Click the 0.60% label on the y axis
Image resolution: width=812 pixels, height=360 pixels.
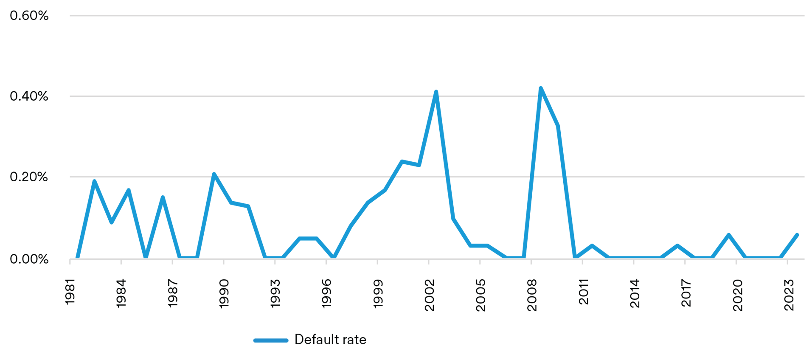(x=29, y=16)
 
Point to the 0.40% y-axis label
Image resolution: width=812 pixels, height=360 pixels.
(x=29, y=96)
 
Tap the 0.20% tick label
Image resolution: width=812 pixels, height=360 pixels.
(x=29, y=177)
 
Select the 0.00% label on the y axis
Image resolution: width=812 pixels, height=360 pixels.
(x=29, y=259)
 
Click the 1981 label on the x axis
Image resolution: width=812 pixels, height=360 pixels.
(x=70, y=292)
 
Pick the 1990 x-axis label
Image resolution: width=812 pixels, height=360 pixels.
(x=224, y=293)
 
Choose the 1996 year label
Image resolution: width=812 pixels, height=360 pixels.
(x=326, y=293)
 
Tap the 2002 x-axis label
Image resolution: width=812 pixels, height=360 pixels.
(x=429, y=295)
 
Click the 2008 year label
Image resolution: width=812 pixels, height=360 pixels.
(x=532, y=295)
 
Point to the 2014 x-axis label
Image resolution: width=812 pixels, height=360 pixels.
(x=635, y=293)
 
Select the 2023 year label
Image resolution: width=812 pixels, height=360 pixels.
(x=789, y=295)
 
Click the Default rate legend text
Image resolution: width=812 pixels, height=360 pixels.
(x=330, y=340)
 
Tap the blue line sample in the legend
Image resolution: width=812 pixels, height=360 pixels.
(x=271, y=340)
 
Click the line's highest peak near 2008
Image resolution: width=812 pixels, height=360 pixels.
(x=541, y=88)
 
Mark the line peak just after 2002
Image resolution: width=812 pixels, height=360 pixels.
(x=436, y=92)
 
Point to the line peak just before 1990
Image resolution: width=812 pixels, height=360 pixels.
(x=214, y=174)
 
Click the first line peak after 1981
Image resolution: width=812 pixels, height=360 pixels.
(x=94, y=181)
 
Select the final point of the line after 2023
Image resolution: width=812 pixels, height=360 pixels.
(x=797, y=235)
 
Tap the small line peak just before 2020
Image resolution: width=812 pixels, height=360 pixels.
(x=728, y=235)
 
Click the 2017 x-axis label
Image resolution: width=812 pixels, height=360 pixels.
(x=686, y=293)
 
